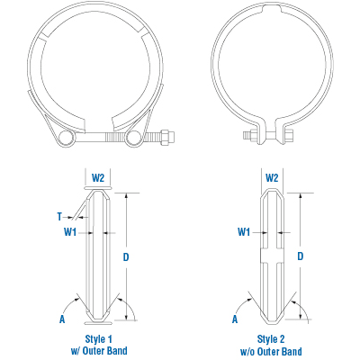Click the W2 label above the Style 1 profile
pyautogui.click(x=99, y=178)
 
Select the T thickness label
pyautogui.click(x=58, y=216)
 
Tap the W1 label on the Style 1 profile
pyautogui.click(x=69, y=232)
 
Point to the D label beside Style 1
pyautogui.click(x=126, y=257)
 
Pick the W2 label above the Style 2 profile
pyautogui.click(x=272, y=178)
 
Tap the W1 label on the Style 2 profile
pyautogui.click(x=243, y=232)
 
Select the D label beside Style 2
pyautogui.click(x=300, y=257)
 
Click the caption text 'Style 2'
pyautogui.click(x=271, y=338)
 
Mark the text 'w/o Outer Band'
pyautogui.click(x=271, y=349)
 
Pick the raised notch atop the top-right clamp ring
pyautogui.click(x=271, y=14)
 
